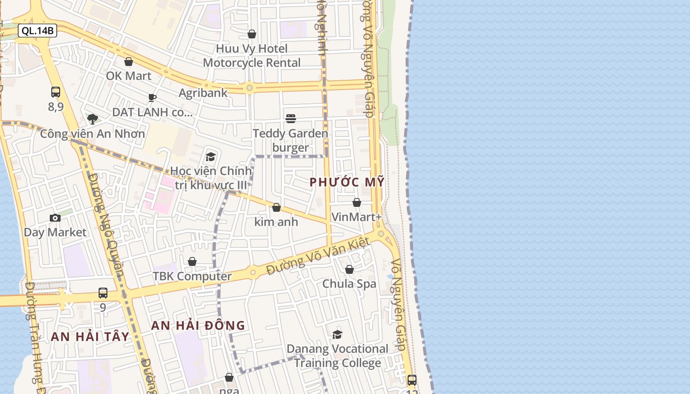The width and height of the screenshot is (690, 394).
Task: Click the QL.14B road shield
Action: pyautogui.click(x=38, y=31)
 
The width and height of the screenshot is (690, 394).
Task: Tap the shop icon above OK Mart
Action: pyautogui.click(x=129, y=62)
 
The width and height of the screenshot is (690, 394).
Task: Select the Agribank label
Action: pyautogui.click(x=203, y=93)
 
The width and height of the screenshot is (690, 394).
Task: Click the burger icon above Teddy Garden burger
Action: pyautogui.click(x=291, y=119)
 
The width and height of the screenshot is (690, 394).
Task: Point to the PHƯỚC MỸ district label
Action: pyautogui.click(x=347, y=182)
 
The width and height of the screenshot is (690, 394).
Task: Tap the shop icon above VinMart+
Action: pyautogui.click(x=357, y=202)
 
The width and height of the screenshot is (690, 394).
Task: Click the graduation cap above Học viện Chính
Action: pyautogui.click(x=211, y=157)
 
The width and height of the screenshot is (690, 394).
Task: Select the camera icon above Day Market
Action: pyautogui.click(x=55, y=218)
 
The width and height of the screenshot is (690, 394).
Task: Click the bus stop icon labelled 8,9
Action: pyautogui.click(x=56, y=92)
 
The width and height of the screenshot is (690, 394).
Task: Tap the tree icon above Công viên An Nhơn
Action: pyautogui.click(x=93, y=119)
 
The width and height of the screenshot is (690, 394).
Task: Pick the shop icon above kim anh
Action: pyautogui.click(x=276, y=207)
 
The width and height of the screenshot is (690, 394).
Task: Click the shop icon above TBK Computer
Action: pyautogui.click(x=192, y=262)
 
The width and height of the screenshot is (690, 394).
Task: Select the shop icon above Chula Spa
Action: pyautogui.click(x=349, y=269)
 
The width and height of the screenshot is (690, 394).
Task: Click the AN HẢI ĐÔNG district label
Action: pyautogui.click(x=198, y=325)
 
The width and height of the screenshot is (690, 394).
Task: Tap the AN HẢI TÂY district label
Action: pyautogui.click(x=90, y=336)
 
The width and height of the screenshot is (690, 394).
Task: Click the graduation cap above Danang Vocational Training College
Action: pyautogui.click(x=338, y=334)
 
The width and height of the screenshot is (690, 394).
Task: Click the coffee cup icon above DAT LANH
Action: pyautogui.click(x=152, y=98)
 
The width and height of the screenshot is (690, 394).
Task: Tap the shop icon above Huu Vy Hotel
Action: pyautogui.click(x=252, y=34)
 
